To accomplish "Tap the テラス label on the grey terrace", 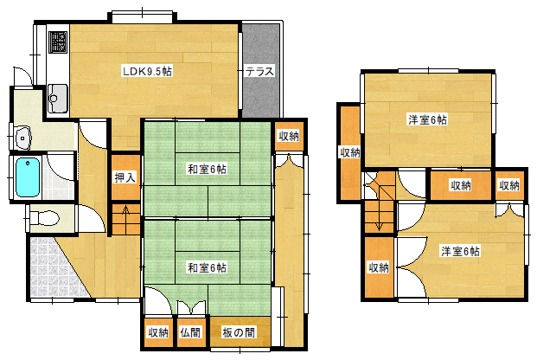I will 259,72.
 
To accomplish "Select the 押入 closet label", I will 125,177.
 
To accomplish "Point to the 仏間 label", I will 190,331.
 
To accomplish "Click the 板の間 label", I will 238,331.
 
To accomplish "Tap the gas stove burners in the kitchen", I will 56,42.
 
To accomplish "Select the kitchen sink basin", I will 56,96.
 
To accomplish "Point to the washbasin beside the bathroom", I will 23,136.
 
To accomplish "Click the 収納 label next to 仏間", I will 157,331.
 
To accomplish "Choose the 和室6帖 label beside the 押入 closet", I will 207,168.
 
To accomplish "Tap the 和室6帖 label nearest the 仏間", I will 207,267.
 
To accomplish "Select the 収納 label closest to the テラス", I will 289,136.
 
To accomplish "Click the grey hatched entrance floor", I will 48,264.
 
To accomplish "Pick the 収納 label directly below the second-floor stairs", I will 378,267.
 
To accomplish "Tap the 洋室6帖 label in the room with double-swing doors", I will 460,251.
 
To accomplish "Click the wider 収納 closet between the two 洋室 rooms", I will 461,185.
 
